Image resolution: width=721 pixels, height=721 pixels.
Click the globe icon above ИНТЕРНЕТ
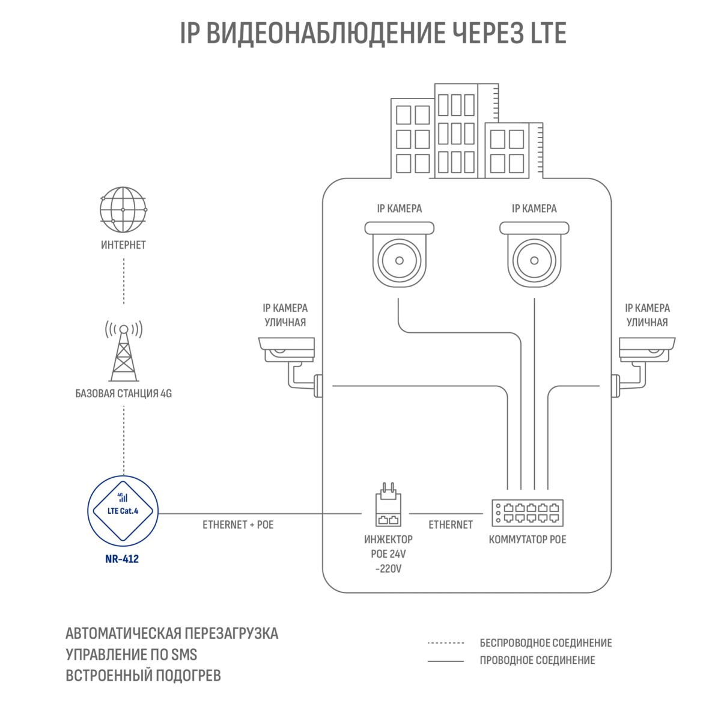coord(123,210)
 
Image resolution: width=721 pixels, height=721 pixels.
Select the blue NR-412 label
coord(122,559)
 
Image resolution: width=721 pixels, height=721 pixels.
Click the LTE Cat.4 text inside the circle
coord(123,511)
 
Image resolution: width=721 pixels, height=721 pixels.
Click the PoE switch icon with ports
coord(528,513)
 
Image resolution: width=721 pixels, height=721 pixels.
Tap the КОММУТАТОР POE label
coord(528,540)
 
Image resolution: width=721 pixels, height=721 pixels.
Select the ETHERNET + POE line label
coord(238,525)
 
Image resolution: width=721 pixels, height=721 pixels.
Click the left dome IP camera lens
coord(399,260)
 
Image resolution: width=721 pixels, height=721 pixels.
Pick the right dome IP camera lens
coord(534,260)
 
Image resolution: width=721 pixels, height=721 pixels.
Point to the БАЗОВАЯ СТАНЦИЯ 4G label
coord(124,394)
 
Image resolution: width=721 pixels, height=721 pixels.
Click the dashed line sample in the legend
coord(446,643)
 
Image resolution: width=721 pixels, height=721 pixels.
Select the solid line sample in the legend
coord(446,661)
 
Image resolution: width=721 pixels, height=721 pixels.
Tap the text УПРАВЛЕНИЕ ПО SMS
coord(132,654)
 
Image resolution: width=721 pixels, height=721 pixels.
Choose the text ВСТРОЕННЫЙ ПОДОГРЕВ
coord(144,675)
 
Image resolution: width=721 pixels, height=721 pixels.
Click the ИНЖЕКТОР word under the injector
coord(388,540)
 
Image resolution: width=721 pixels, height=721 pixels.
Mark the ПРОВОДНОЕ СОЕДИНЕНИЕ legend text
coord(537,660)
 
